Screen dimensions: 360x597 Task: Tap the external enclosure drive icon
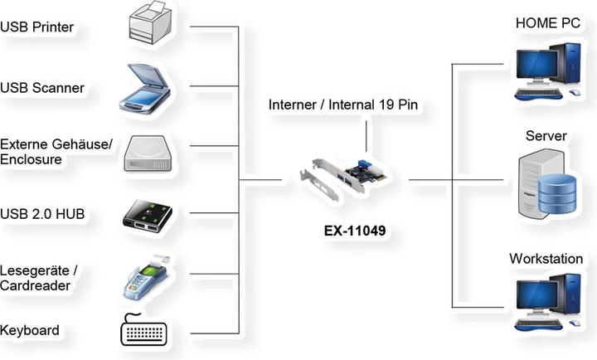coord(149,153)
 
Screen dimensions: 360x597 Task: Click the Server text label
coord(546,135)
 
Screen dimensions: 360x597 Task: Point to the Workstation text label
coord(546,259)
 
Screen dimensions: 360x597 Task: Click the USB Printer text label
coord(37,27)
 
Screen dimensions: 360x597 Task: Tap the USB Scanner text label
coord(41,88)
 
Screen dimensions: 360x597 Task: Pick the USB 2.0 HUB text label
coord(42,215)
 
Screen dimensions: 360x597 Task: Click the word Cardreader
coord(35,285)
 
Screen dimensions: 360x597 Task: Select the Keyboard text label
coord(30,330)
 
